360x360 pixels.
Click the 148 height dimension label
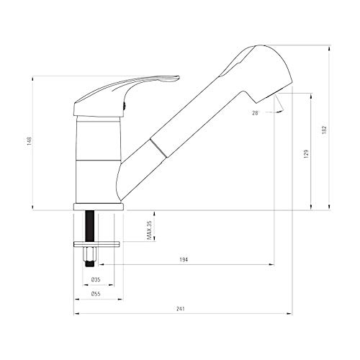click(x=30, y=141)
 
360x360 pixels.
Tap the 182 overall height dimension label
click(x=325, y=130)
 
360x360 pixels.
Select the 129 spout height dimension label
click(x=306, y=153)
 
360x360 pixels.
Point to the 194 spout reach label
click(x=184, y=259)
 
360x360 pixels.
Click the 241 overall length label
click(x=181, y=309)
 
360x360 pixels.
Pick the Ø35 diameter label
click(x=96, y=279)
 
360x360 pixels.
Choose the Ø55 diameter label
click(x=96, y=294)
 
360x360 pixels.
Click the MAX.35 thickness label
click(x=149, y=230)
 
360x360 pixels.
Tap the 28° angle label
click(x=256, y=113)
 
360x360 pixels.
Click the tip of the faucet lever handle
click(x=179, y=77)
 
